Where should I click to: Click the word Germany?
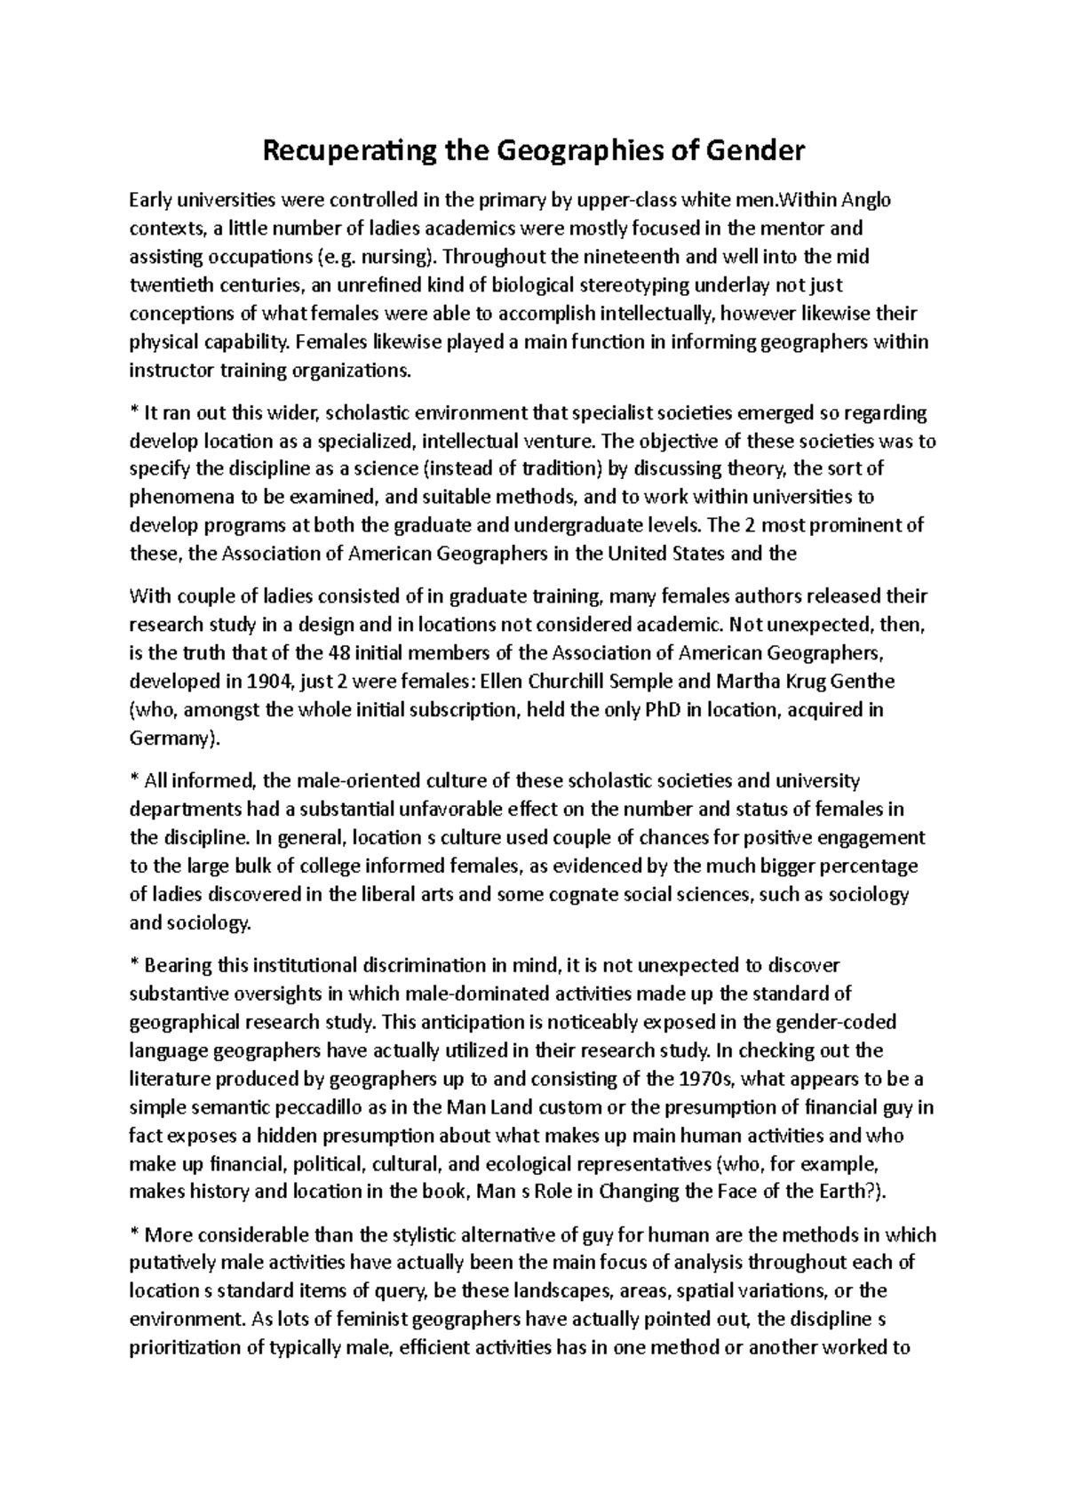pos(171,739)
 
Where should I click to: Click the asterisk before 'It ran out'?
pos(134,411)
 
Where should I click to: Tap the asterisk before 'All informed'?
pos(134,780)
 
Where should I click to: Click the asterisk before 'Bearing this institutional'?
pos(134,965)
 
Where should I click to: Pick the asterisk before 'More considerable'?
pos(134,1234)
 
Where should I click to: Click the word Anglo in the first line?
pos(867,200)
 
